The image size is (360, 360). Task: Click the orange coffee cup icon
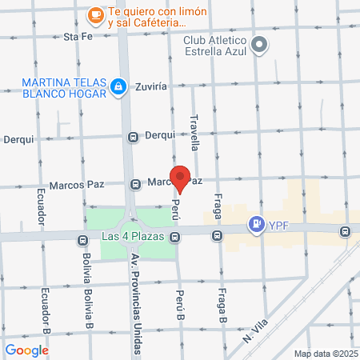[95, 14]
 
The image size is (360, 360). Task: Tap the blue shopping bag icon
[118, 86]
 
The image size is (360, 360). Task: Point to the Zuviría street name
[151, 86]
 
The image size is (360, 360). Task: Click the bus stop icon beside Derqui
[134, 136]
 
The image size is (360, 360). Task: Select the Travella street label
[194, 131]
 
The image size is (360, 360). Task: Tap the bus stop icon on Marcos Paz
[135, 183]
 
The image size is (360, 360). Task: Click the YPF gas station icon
[256, 225]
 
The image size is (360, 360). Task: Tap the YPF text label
[279, 225]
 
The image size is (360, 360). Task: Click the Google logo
[26, 350]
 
